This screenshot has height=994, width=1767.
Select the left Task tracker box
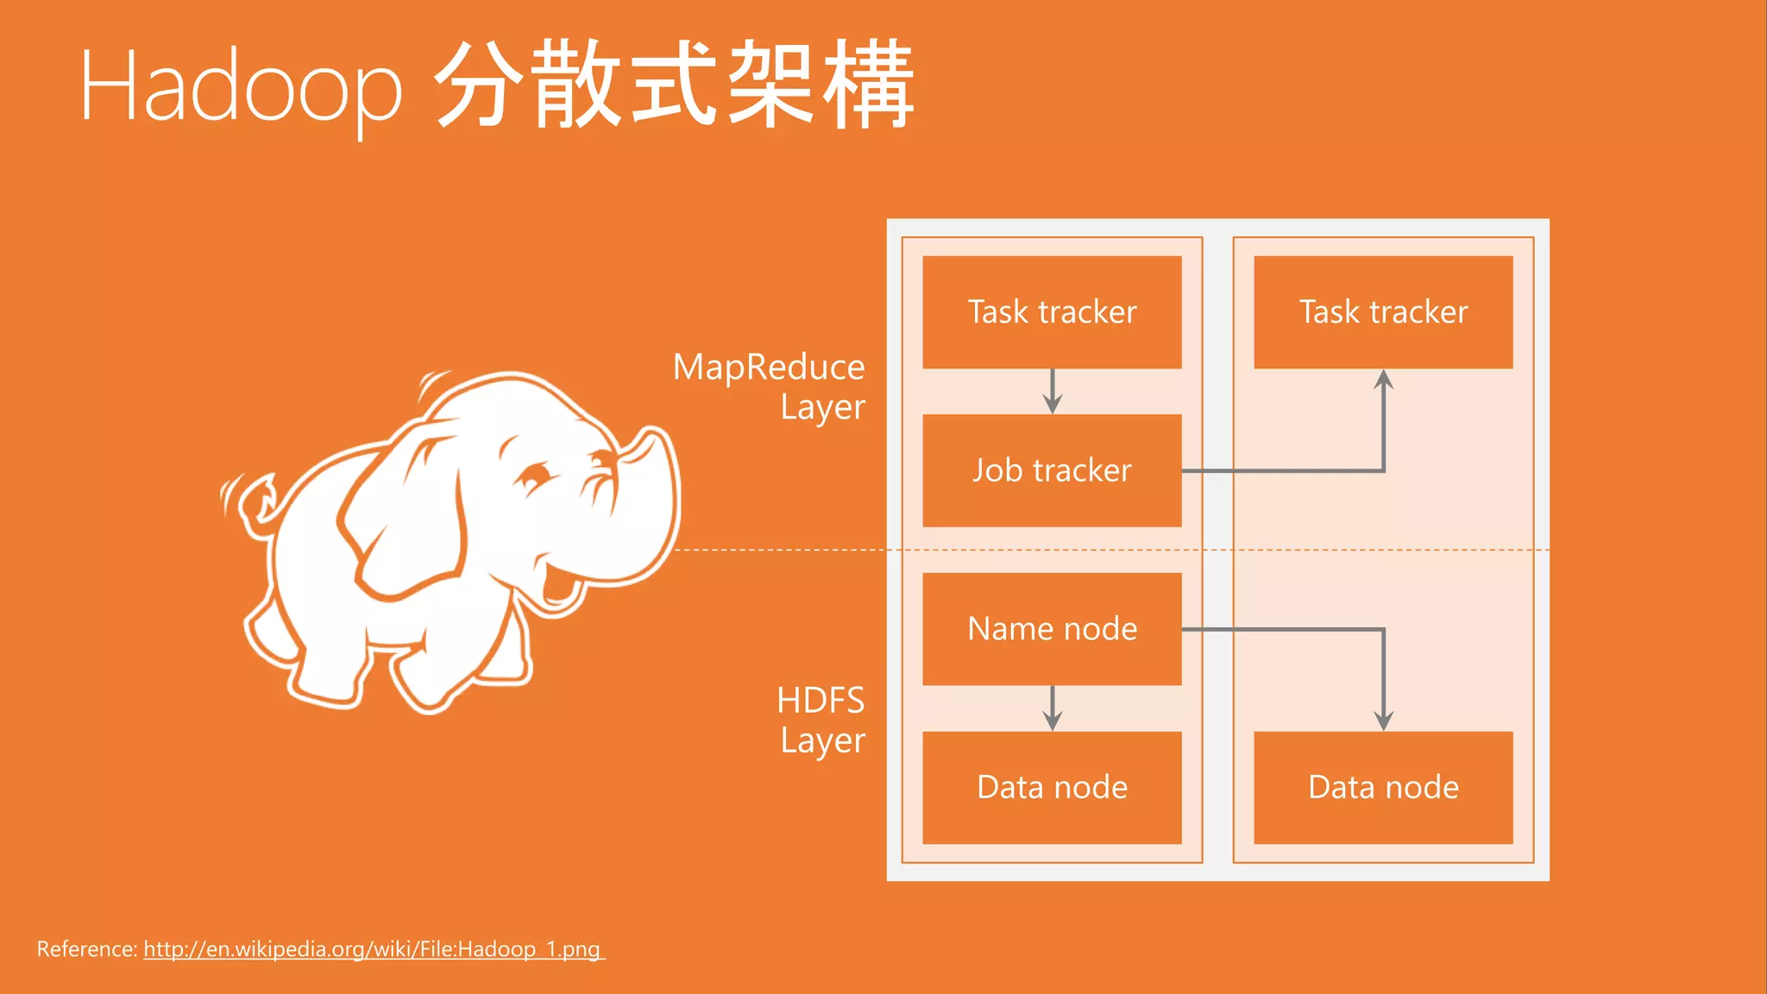click(1052, 311)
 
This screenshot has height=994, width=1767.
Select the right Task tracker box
click(1383, 311)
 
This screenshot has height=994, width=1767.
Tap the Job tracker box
click(1052, 470)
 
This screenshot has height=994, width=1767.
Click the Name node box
click(1052, 629)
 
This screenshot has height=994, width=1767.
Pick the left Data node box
click(1052, 787)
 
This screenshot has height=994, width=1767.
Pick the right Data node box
click(1383, 787)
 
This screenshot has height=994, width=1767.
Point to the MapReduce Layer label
click(770, 387)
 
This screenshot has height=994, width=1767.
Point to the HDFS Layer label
click(821, 720)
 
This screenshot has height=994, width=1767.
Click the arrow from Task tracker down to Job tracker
click(1052, 392)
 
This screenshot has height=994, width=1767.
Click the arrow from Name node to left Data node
click(1052, 708)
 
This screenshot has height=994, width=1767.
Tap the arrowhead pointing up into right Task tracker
click(1384, 380)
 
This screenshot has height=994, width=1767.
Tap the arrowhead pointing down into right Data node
click(1384, 721)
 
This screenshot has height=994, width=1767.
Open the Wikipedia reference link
click(373, 949)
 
